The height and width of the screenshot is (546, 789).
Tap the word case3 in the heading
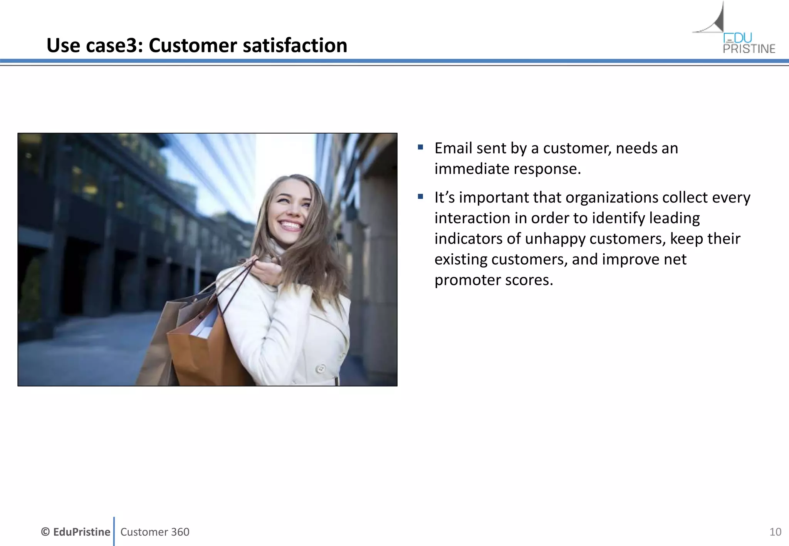[x=114, y=45]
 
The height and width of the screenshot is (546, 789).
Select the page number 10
[x=775, y=532]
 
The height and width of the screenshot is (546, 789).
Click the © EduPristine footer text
[x=76, y=532]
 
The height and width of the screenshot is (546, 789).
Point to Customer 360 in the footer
[x=155, y=532]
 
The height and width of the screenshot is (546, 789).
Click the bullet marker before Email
[x=420, y=147]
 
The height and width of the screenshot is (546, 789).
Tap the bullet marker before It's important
[x=420, y=197]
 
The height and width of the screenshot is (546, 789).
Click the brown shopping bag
[x=200, y=350]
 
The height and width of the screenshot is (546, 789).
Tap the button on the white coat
[x=320, y=369]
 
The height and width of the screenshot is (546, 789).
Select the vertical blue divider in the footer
[x=114, y=531]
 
